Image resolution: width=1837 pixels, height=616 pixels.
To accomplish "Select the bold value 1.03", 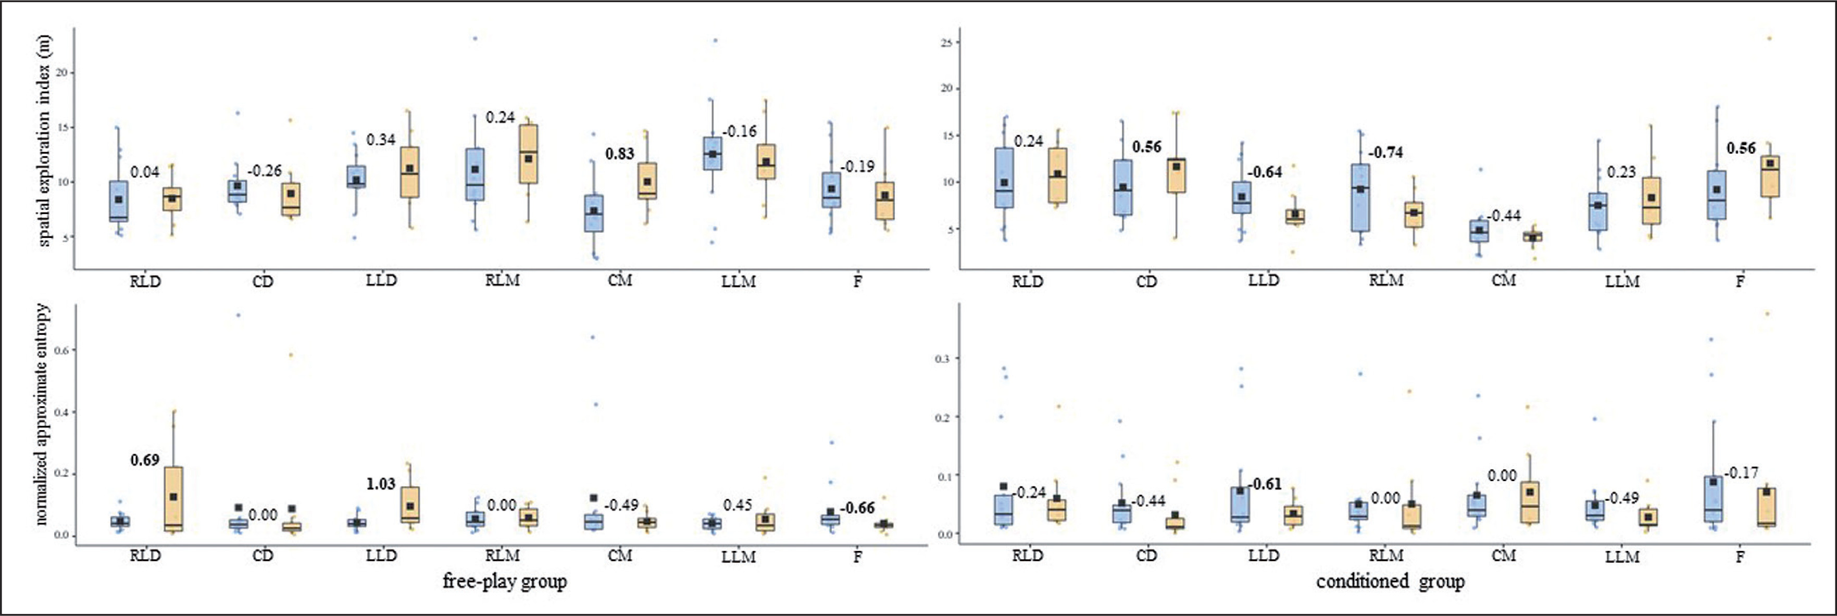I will [x=381, y=484].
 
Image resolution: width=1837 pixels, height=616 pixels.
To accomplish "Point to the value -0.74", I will [x=1385, y=153].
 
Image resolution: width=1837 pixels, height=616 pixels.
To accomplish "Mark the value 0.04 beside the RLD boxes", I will [x=145, y=172].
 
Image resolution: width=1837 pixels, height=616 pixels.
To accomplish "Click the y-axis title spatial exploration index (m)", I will [x=45, y=141].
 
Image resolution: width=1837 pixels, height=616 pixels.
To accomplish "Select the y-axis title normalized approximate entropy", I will [x=43, y=414].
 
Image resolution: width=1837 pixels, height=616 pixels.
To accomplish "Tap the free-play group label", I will [x=504, y=582].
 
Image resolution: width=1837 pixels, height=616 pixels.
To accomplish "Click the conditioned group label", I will [x=1390, y=582].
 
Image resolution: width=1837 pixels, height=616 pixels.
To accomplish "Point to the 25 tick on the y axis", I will [x=946, y=43].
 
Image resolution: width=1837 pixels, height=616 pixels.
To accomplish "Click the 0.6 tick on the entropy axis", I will [x=60, y=350].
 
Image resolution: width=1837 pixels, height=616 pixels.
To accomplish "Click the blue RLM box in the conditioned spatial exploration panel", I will [x=1360, y=197].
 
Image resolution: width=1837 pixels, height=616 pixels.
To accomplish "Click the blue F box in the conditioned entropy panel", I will [x=1713, y=499].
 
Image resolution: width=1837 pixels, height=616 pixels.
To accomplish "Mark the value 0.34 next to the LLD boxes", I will [x=381, y=140].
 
